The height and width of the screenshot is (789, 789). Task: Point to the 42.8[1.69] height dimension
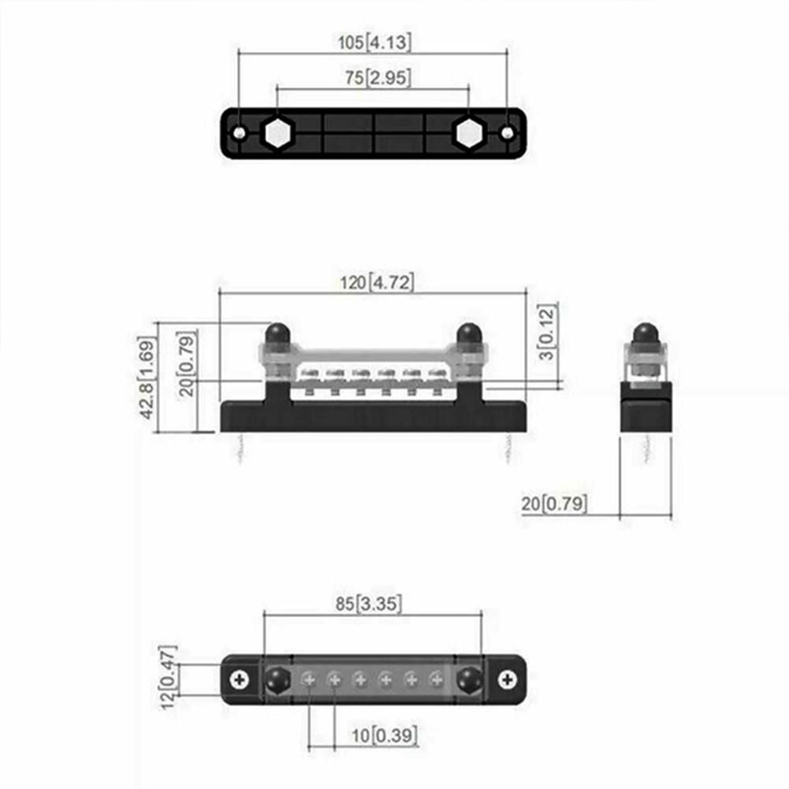click(x=147, y=378)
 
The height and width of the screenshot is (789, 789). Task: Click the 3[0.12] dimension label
click(x=550, y=332)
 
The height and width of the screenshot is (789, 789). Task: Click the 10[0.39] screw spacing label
click(x=385, y=736)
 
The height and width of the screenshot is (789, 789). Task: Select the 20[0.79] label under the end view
click(x=554, y=504)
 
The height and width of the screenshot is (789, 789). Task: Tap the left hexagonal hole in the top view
click(x=277, y=134)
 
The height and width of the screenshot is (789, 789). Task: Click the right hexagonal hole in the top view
click(x=468, y=134)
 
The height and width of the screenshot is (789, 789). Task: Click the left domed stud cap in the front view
click(x=276, y=333)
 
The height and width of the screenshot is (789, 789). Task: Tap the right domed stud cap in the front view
click(x=469, y=333)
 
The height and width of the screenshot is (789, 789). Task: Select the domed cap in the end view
click(x=646, y=333)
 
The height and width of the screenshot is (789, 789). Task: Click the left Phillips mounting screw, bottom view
click(x=240, y=679)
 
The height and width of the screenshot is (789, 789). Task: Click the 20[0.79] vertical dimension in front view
click(x=188, y=364)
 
